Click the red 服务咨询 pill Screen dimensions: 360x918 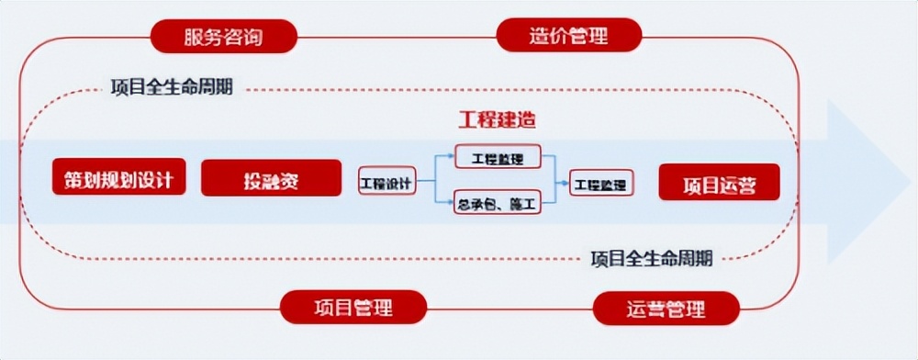225,36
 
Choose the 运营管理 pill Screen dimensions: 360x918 666,308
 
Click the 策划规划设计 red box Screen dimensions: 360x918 118,177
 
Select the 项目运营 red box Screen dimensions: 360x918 719,183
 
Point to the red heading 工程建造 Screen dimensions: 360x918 497,119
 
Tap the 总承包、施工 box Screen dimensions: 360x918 498,203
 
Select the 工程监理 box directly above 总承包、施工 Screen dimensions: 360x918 498,157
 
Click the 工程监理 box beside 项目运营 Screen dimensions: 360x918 601,184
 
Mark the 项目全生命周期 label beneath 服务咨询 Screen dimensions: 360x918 171,89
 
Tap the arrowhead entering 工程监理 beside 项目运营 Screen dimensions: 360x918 566,183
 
